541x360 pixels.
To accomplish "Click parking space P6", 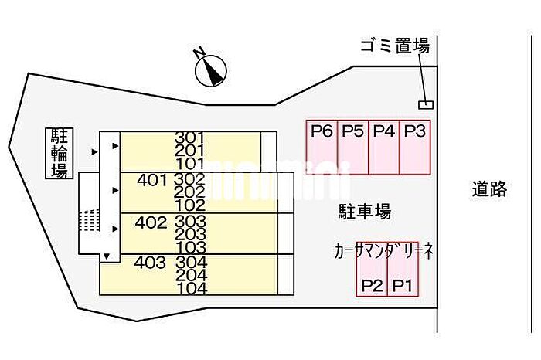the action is [x=322, y=147].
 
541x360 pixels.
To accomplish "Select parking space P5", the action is [x=352, y=147].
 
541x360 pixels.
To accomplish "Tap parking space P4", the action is [x=383, y=147].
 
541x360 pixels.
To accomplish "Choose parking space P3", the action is [x=415, y=147].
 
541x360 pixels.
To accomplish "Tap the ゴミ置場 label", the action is [x=394, y=46].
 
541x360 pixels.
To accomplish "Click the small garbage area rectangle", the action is [x=425, y=104].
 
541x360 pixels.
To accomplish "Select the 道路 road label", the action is [x=489, y=188].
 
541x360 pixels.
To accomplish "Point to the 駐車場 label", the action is [x=364, y=211].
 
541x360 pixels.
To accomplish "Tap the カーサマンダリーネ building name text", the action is [x=383, y=251].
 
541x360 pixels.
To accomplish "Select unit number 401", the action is [x=151, y=181].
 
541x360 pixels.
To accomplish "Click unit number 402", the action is [x=150, y=222].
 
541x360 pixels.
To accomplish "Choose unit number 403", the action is [x=150, y=263].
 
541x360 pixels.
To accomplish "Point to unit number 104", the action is [x=191, y=289].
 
